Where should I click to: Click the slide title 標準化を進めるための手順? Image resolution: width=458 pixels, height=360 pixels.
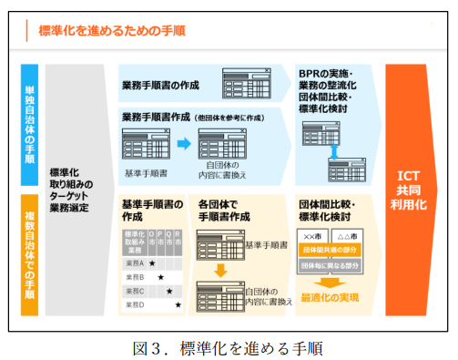pyautogui.click(x=112, y=31)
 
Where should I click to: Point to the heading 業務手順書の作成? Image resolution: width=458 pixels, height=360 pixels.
pyautogui.click(x=161, y=86)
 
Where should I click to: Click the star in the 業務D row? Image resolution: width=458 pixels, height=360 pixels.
pyautogui.click(x=178, y=303)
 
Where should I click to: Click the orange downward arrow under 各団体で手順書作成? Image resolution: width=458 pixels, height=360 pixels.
pyautogui.click(x=221, y=271)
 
